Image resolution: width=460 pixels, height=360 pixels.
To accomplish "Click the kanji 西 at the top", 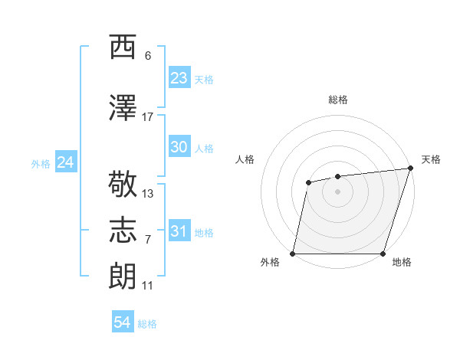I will tap(123, 47).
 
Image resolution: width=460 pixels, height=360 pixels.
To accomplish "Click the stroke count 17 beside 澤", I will tap(148, 117).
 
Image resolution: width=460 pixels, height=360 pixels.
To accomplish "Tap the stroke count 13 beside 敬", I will tap(148, 194).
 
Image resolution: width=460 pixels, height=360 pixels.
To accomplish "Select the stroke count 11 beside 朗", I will tap(148, 286).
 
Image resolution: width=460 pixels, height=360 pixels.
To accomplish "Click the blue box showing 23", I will tap(179, 78).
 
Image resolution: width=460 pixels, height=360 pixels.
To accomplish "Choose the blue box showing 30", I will tap(179, 147).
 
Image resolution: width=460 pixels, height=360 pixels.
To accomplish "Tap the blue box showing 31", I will tap(179, 231).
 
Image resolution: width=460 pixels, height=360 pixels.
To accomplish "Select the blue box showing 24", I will tap(65, 162).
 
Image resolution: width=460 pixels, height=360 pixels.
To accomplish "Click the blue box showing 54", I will tap(123, 323).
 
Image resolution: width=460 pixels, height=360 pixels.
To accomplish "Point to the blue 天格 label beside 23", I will tap(204, 80).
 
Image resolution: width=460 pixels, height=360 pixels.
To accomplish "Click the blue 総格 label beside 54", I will tap(147, 324).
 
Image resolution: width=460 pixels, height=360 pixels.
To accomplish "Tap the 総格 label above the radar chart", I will tap(337, 100).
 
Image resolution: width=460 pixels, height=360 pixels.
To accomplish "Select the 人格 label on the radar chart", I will tap(245, 159).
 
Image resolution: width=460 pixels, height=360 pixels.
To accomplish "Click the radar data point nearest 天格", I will tap(410, 169).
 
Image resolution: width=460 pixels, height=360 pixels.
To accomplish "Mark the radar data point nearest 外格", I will tap(293, 253).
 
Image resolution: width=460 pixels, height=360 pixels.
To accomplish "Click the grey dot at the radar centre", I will tap(337, 191).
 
